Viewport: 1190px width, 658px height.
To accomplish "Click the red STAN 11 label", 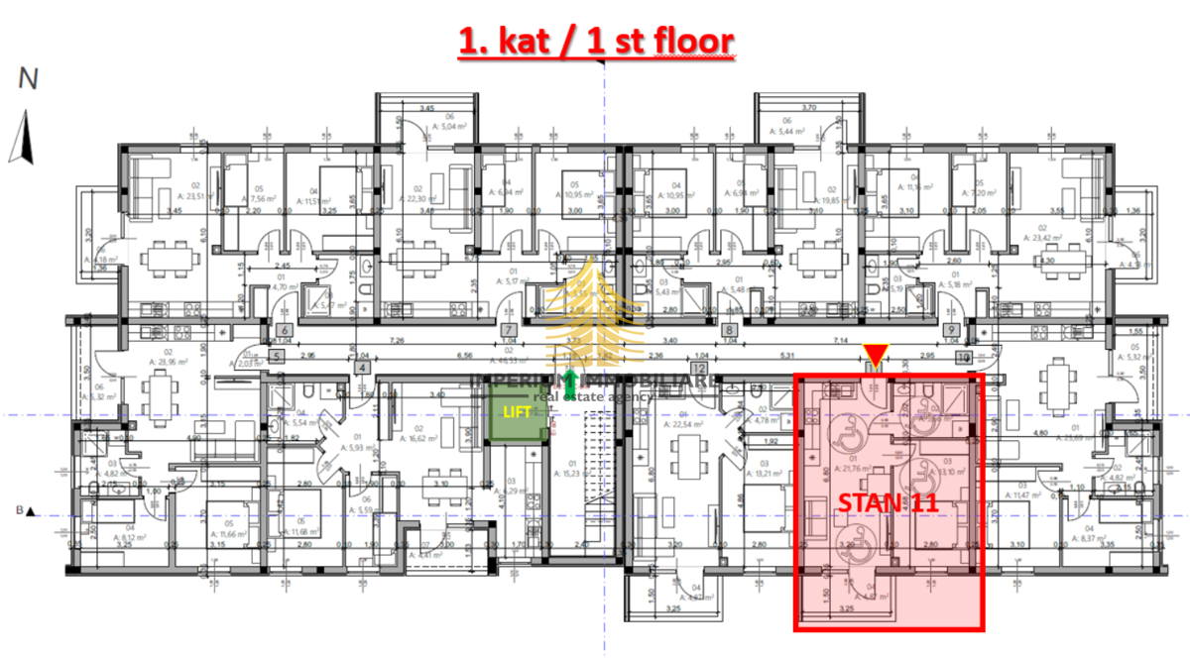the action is [x=888, y=502].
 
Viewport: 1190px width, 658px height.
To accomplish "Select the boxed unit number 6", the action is [x=284, y=331].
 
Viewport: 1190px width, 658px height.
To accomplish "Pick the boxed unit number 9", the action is [x=950, y=331].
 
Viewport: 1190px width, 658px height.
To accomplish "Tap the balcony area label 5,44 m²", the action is [x=789, y=131].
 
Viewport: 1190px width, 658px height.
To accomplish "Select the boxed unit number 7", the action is [x=509, y=331].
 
